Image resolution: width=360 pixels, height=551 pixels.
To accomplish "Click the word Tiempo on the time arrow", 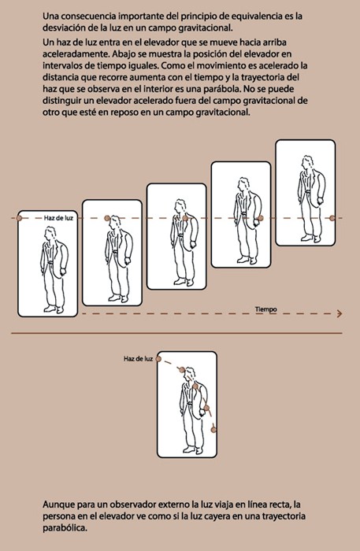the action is [x=265, y=309].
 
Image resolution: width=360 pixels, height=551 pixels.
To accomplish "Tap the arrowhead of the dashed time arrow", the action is [x=340, y=313].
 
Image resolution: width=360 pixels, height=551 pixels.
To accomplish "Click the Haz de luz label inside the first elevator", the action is [x=58, y=218].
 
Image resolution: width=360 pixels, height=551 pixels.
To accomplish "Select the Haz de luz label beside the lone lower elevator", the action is [x=138, y=359].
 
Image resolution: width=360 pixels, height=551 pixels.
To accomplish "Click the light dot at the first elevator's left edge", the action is [x=19, y=218].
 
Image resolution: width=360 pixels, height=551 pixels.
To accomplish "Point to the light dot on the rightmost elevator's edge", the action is [x=332, y=218].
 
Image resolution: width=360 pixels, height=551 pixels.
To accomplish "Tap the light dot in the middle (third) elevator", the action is [x=185, y=218].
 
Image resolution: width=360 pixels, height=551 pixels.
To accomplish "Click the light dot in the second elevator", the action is [x=107, y=218].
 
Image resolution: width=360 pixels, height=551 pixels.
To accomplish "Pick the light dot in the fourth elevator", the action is [x=261, y=218].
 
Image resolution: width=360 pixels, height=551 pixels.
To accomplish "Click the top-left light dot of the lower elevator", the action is [x=158, y=359].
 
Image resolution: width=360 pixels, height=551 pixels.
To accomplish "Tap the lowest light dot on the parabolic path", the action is [x=213, y=430].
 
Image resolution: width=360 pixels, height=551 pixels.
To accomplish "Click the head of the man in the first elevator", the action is [x=50, y=234].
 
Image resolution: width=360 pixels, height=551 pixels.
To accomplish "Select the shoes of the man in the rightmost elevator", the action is [x=310, y=239].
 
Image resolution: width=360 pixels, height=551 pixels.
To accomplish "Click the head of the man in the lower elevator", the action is [x=190, y=375].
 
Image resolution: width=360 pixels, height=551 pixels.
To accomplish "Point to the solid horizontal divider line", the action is [x=176, y=333].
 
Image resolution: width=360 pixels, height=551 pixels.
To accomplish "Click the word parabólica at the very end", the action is [x=65, y=528].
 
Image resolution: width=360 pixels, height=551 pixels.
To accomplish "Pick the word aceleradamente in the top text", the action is [x=76, y=54].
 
